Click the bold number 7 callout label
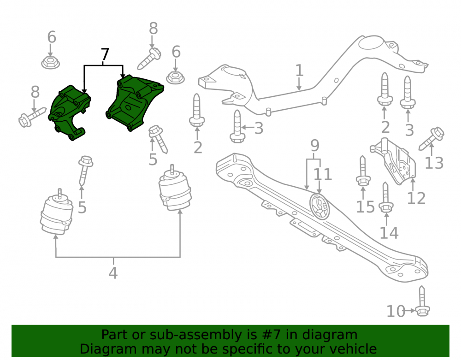point(105,54)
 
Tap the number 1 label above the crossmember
point(299,71)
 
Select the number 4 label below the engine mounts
point(113,273)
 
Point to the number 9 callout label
point(314,145)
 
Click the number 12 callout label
point(416,198)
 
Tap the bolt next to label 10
point(422,301)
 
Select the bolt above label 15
point(363,171)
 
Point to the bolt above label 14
point(386,197)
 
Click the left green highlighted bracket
point(70,112)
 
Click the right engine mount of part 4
point(175,188)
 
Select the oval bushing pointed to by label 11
point(319,207)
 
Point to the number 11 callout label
point(323,174)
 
